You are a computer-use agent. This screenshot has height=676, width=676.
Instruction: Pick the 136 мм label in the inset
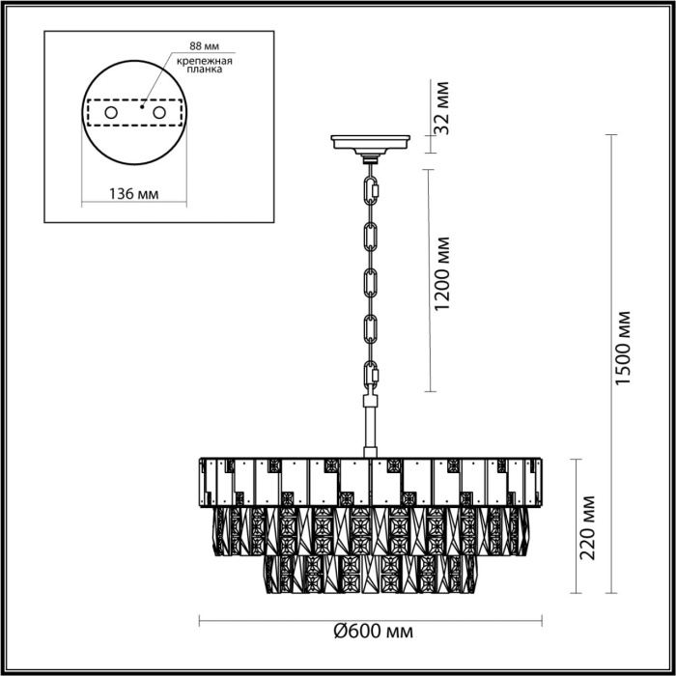click(x=132, y=194)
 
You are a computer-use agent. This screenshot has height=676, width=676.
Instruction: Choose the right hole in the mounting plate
click(x=156, y=114)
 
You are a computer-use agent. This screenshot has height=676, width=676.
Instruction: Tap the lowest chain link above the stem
click(x=371, y=375)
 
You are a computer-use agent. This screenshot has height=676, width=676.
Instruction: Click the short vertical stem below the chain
click(x=371, y=425)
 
